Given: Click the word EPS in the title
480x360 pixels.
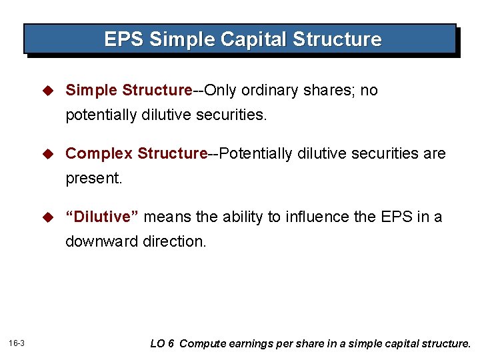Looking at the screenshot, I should click(124, 39).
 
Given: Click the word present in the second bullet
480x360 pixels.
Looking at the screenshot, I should click(92, 179).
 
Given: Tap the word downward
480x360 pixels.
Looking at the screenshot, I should click(101, 242).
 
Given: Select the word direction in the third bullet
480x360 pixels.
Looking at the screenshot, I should click(175, 242).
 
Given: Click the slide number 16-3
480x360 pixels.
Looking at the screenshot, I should click(17, 343).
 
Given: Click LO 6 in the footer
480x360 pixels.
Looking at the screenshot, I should click(163, 344).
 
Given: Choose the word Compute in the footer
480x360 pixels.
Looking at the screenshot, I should click(202, 344).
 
